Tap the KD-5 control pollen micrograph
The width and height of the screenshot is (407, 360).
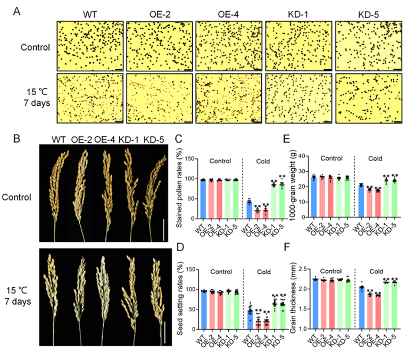(x=369, y=46)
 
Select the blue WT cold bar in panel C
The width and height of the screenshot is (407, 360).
(x=249, y=210)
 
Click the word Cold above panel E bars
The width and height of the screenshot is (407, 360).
(x=378, y=158)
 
